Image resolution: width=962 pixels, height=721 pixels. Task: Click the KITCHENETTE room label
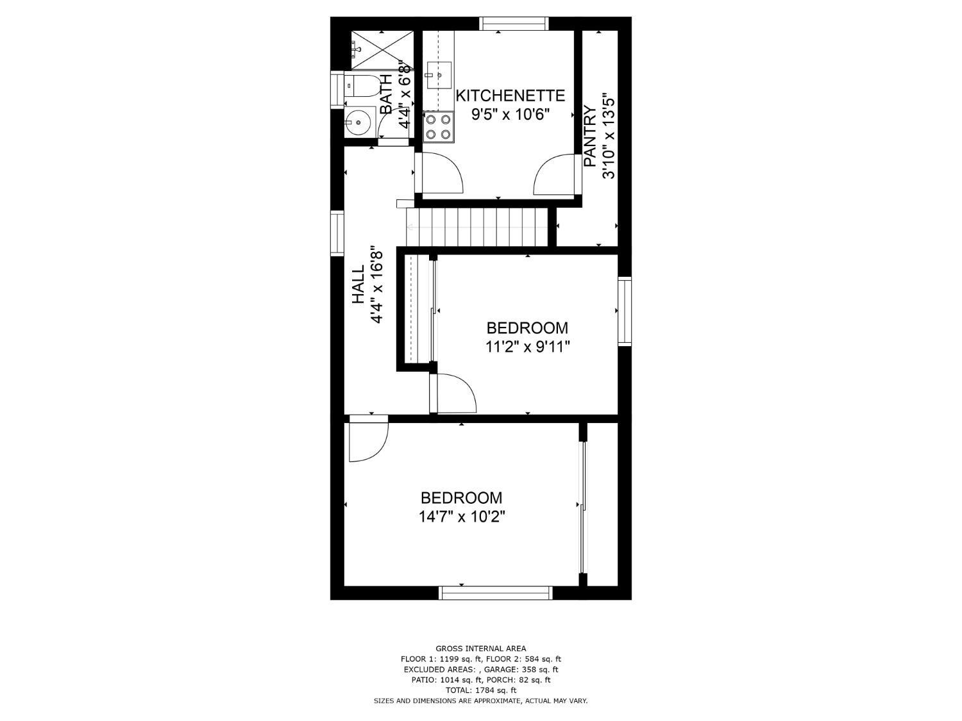tap(510, 96)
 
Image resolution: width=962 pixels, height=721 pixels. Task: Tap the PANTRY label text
tap(590, 137)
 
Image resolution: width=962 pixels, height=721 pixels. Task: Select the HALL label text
tap(358, 285)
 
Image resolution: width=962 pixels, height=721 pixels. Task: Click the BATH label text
tap(386, 94)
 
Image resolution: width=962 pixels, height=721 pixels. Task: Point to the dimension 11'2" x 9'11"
tap(527, 347)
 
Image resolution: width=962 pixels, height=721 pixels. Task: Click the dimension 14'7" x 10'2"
tap(462, 517)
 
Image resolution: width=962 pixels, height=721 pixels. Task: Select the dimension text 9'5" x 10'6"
tap(511, 115)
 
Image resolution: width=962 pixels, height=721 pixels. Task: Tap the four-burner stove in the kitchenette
tap(438, 127)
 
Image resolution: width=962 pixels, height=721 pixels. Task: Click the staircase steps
tap(478, 227)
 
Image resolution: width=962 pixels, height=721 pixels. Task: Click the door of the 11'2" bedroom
tap(454, 394)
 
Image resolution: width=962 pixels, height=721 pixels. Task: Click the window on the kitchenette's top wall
tap(514, 24)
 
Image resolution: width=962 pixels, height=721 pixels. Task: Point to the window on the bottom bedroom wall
tap(495, 593)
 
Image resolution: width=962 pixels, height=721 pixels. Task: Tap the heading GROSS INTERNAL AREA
tap(480, 649)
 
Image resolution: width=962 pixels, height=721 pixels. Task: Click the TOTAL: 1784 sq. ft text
tap(480, 690)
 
